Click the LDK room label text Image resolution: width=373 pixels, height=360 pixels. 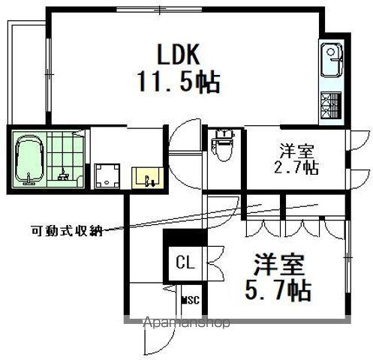(178, 55)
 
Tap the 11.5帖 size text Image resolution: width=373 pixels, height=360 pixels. (179, 82)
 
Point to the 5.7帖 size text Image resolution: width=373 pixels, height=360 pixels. (278, 291)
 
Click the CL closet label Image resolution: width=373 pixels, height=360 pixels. (185, 262)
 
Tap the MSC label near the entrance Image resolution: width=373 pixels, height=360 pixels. (191, 299)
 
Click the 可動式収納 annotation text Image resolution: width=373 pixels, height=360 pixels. (67, 230)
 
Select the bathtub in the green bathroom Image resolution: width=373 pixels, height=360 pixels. (29, 160)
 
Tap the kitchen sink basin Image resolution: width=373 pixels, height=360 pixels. (332, 61)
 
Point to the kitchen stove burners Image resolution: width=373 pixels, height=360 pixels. (331, 105)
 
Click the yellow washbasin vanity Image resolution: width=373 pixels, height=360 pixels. (148, 178)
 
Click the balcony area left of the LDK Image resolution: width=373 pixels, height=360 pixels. (27, 73)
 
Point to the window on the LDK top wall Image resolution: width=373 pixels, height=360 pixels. (159, 10)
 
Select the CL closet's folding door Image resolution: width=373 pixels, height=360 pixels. (215, 262)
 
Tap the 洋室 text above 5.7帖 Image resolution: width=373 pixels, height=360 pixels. (279, 265)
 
